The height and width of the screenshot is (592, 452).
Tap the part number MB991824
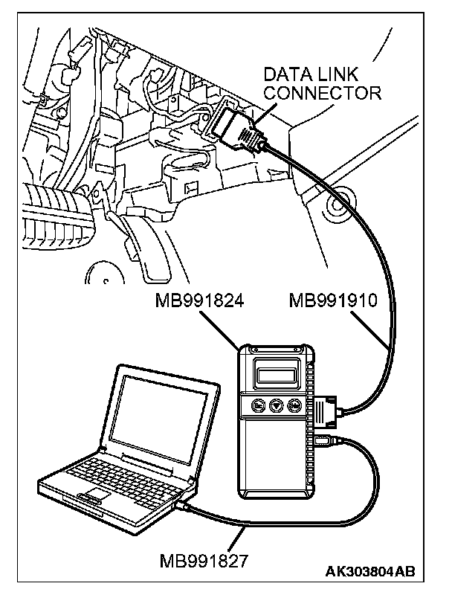[x=201, y=302]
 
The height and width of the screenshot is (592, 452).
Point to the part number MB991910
[x=335, y=302]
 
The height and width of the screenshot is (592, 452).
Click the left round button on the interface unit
[x=257, y=406]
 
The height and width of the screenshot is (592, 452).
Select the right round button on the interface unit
[x=295, y=406]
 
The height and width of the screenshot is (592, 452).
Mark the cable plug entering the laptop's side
[x=183, y=506]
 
